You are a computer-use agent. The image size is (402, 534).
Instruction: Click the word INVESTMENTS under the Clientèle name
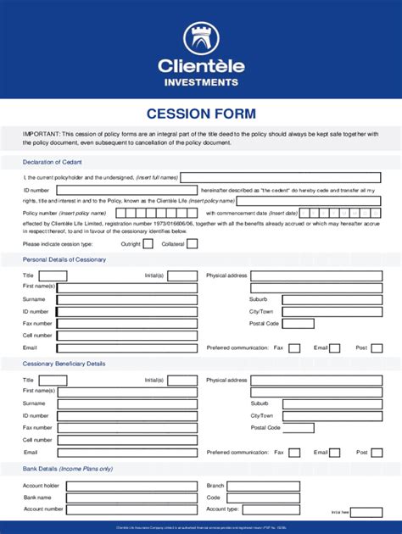(x=201, y=82)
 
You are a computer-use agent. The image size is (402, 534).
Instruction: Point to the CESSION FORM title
(x=201, y=114)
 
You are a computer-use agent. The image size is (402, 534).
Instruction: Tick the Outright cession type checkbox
(x=148, y=244)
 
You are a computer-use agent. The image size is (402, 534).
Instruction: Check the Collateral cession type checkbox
(x=193, y=244)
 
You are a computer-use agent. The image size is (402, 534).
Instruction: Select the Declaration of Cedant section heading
(x=53, y=162)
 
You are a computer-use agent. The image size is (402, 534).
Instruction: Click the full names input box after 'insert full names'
(x=281, y=178)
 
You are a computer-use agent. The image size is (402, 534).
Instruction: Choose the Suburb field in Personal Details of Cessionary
(x=332, y=299)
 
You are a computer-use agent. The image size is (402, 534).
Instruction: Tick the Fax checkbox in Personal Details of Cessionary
(x=293, y=348)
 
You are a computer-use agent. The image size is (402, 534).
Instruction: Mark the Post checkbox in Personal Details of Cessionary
(x=377, y=348)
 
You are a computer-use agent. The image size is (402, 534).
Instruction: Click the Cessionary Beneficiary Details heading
(x=64, y=364)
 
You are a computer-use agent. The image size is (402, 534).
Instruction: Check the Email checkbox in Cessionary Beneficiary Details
(x=335, y=453)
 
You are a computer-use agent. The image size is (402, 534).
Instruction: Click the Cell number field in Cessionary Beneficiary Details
(x=126, y=440)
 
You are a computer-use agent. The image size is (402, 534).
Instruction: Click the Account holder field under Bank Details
(x=126, y=486)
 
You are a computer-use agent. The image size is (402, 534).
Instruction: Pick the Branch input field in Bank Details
(x=314, y=486)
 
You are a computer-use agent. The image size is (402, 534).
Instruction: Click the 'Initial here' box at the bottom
(x=366, y=513)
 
